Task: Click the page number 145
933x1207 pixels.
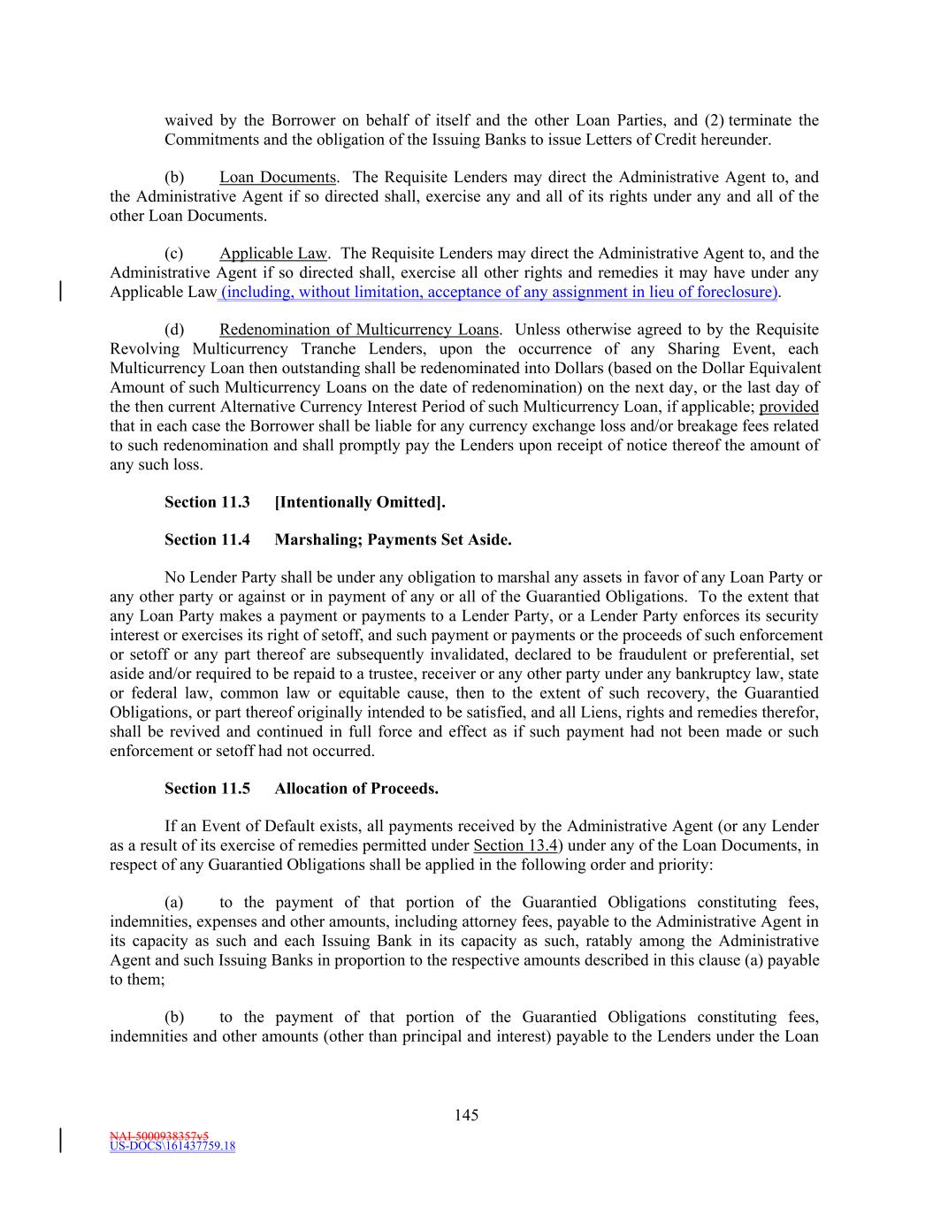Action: [x=467, y=1115]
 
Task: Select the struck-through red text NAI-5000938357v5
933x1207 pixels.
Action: [x=159, y=1135]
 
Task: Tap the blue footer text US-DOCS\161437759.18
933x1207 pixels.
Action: [x=172, y=1147]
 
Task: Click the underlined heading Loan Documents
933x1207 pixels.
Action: [x=278, y=178]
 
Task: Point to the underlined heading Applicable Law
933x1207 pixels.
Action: [x=273, y=255]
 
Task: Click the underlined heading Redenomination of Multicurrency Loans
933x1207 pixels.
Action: [x=359, y=331]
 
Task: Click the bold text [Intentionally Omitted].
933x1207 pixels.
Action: [x=360, y=502]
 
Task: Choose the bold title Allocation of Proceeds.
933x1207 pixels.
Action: [x=356, y=789]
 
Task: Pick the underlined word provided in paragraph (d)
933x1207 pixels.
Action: [x=789, y=407]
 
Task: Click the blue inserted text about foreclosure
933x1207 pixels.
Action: [x=500, y=293]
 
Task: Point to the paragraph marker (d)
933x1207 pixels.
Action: [x=174, y=331]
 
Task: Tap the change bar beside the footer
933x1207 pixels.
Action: [x=60, y=1140]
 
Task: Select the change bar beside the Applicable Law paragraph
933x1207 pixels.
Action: [x=60, y=292]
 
